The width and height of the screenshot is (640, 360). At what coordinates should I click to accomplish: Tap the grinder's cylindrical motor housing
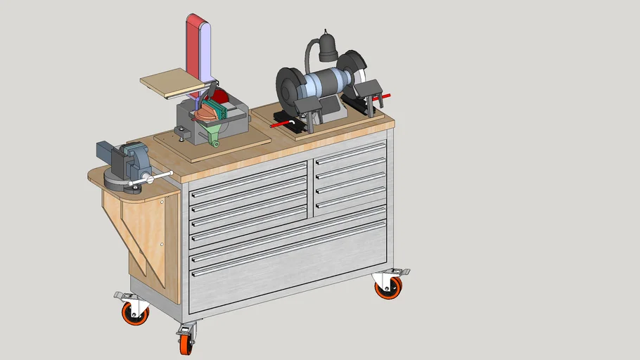[x=320, y=82]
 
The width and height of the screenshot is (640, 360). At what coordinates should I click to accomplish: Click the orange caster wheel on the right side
[x=388, y=287]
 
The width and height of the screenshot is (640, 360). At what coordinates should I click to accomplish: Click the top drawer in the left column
[x=248, y=177]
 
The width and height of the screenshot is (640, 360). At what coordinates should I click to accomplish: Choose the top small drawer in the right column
[x=350, y=153]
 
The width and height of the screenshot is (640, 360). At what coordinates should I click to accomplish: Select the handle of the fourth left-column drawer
[x=250, y=228]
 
